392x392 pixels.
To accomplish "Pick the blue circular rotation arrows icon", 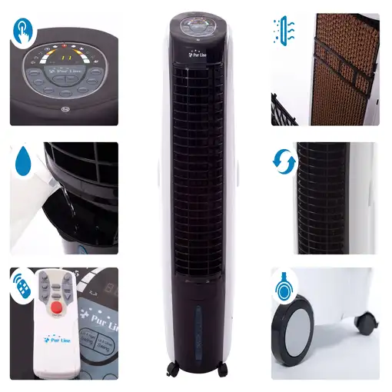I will [x=282, y=162].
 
